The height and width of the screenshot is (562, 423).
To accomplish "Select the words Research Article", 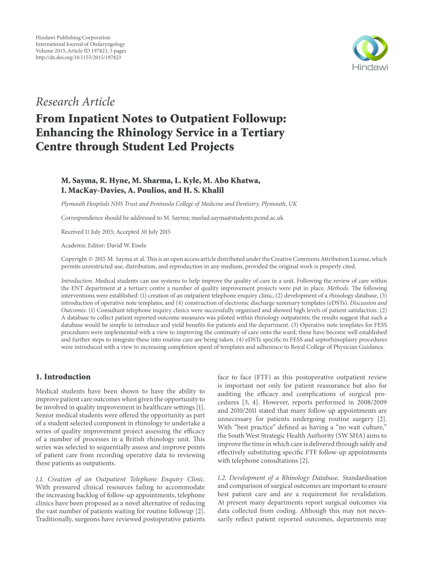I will [x=75, y=102].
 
